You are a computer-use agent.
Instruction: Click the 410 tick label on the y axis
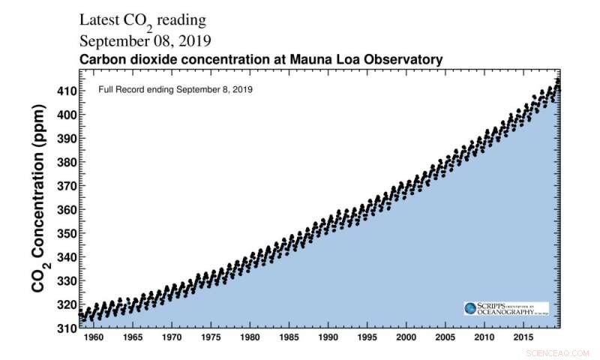tap(65, 91)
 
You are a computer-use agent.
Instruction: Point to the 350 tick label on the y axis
tap(65, 233)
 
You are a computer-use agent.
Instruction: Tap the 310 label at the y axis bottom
tap(65, 328)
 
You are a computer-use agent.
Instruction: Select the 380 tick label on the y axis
tap(65, 162)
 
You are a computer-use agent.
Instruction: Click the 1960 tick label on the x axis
tap(92, 339)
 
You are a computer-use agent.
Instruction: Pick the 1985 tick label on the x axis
tap(289, 339)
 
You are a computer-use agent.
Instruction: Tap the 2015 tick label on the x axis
tap(524, 339)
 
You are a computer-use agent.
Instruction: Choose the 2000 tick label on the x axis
tap(406, 339)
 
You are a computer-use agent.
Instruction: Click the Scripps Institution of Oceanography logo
tap(505, 308)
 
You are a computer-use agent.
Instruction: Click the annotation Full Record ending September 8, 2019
tap(175, 89)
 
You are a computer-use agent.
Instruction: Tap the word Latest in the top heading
tap(103, 20)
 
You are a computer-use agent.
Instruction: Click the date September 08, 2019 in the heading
tap(145, 40)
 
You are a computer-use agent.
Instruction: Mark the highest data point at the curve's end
tap(557, 79)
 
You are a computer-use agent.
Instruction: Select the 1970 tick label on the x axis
tap(171, 339)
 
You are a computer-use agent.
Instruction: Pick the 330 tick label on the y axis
tap(65, 280)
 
